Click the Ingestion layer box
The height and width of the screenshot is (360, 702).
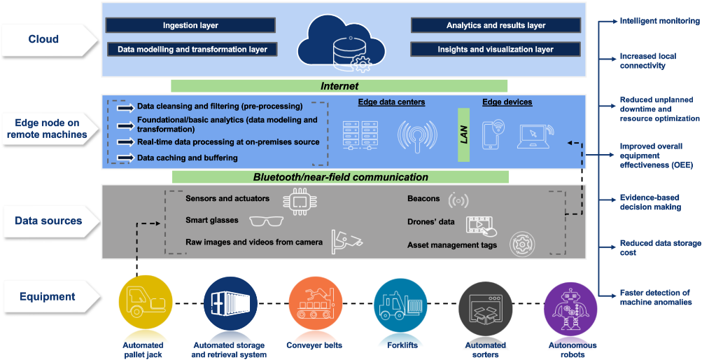190,25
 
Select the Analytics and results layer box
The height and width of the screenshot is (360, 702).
496,25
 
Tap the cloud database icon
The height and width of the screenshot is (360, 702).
342,44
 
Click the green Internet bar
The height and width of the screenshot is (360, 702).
339,86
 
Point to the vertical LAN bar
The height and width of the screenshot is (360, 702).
463,135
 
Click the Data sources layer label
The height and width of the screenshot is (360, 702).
49,221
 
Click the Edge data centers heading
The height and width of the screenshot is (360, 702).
391,102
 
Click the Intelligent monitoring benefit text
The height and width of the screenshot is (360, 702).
659,21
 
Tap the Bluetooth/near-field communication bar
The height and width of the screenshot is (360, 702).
340,177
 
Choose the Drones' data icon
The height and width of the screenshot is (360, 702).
482,224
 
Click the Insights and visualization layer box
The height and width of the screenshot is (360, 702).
496,50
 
